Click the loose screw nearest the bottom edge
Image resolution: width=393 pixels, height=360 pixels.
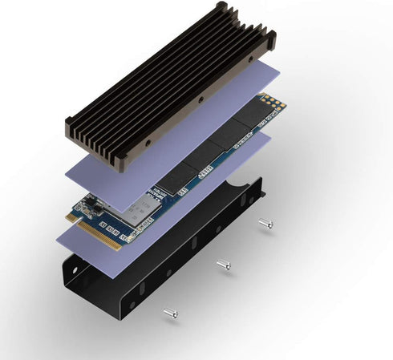(x=170, y=313)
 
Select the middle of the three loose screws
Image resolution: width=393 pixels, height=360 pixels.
(x=223, y=263)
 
